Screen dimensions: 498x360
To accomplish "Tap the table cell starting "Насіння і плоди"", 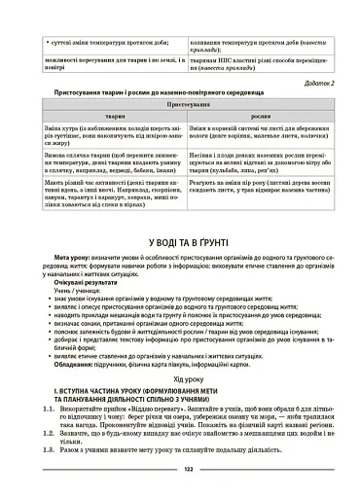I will pos(257,179).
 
